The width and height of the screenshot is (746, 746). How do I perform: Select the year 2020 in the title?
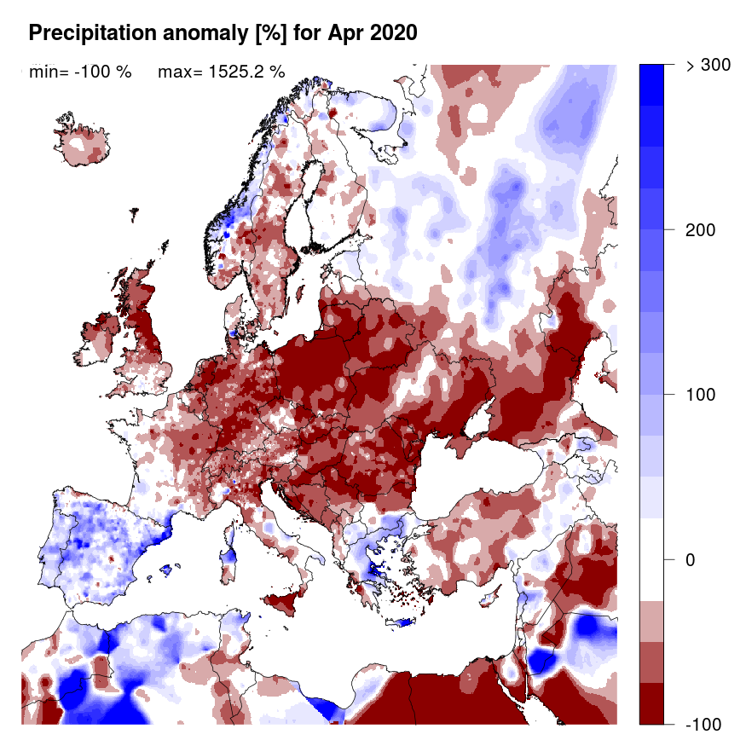point(393,33)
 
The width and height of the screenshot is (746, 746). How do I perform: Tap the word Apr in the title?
point(346,33)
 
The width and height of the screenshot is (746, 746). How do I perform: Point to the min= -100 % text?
point(79,72)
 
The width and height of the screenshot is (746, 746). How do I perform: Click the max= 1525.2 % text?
point(221,72)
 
